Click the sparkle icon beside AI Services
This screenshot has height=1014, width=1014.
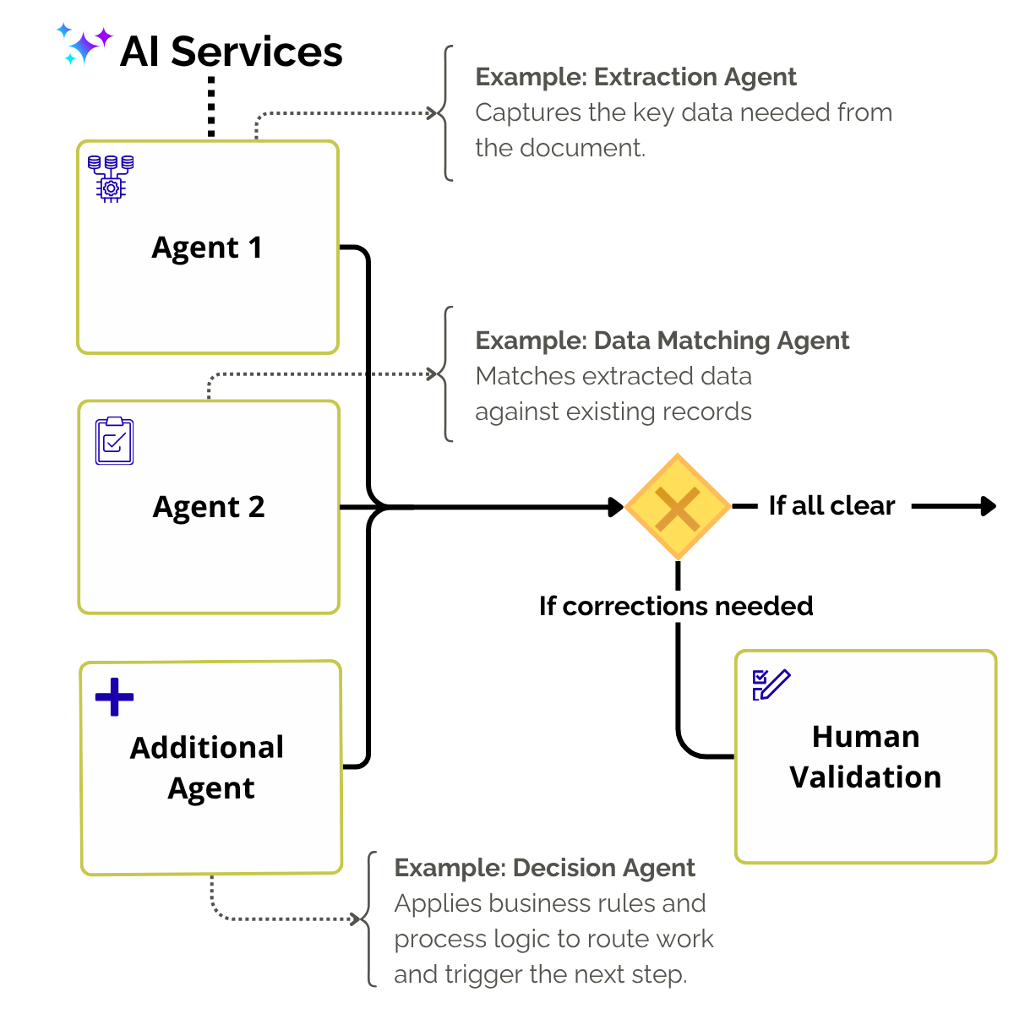pyautogui.click(x=84, y=45)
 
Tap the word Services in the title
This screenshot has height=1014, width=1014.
pyautogui.click(x=257, y=52)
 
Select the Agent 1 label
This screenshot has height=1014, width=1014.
pyautogui.click(x=207, y=248)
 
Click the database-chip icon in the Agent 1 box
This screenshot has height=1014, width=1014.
pyautogui.click(x=111, y=178)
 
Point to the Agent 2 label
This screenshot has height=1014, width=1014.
pyautogui.click(x=209, y=507)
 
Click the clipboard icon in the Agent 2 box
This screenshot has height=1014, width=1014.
pyautogui.click(x=115, y=441)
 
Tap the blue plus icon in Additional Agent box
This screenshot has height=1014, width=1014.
pyautogui.click(x=115, y=697)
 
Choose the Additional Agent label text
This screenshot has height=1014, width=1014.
pyautogui.click(x=208, y=767)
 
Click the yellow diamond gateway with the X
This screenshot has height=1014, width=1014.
pyautogui.click(x=678, y=507)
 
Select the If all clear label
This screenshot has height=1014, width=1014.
pyautogui.click(x=831, y=506)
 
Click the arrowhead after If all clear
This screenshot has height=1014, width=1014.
pyautogui.click(x=987, y=506)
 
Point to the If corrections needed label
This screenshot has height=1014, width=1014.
pyautogui.click(x=676, y=606)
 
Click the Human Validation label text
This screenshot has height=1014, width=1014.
pyautogui.click(x=865, y=757)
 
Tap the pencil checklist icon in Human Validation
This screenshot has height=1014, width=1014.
pyautogui.click(x=771, y=684)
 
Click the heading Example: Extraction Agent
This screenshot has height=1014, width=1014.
pyautogui.click(x=635, y=77)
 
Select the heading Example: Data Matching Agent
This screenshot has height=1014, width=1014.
pyautogui.click(x=662, y=341)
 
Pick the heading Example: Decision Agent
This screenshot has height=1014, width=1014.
pyautogui.click(x=544, y=868)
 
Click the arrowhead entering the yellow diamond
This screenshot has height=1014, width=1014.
pyautogui.click(x=615, y=507)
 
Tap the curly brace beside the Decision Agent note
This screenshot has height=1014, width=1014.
pyautogui.click(x=370, y=919)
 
